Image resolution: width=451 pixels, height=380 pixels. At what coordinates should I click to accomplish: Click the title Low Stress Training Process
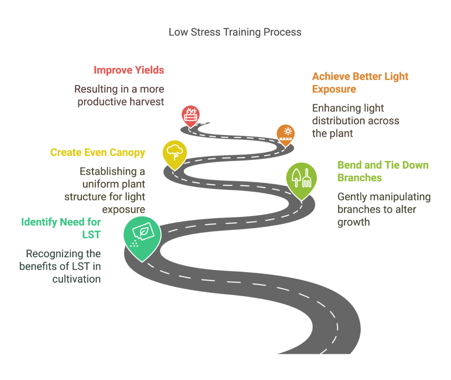pos(235,32)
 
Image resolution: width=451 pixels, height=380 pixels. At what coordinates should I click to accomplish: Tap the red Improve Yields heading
pos(129,70)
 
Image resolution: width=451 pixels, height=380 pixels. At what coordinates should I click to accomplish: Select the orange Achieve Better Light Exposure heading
pos(360,82)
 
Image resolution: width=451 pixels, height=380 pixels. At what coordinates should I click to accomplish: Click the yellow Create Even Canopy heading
pos(98,153)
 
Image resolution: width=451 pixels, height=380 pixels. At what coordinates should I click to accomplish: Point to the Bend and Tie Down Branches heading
pos(383,171)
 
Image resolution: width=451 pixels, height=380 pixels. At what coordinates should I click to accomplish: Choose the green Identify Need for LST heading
pos(61,228)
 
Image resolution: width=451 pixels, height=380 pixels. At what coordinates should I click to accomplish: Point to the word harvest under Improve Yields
pos(146,102)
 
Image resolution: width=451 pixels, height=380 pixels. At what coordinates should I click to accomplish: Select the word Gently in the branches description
pos(352,197)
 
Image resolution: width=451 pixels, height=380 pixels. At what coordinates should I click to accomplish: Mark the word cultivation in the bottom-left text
pos(76,279)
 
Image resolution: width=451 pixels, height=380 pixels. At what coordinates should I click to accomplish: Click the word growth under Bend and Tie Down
pos(353,222)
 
